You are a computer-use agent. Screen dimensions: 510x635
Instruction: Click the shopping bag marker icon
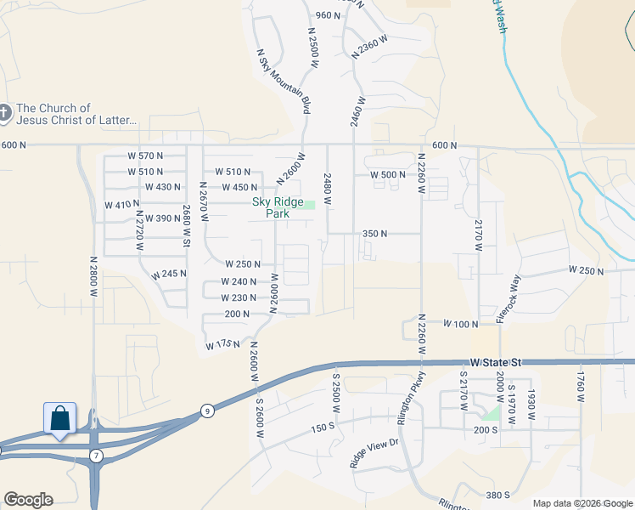tap(59, 418)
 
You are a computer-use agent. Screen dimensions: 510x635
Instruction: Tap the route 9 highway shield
tap(206, 411)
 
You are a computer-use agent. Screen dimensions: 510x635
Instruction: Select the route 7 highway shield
tap(96, 456)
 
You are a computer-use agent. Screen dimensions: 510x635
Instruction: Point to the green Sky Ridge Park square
tap(311, 204)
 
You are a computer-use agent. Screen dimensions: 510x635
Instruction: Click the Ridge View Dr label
tap(374, 456)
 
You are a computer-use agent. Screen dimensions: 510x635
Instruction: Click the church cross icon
tap(6, 111)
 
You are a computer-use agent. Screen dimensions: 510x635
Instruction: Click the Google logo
tap(28, 500)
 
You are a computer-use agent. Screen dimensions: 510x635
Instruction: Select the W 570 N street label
tap(144, 156)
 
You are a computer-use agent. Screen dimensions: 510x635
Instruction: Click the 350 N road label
tap(374, 233)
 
